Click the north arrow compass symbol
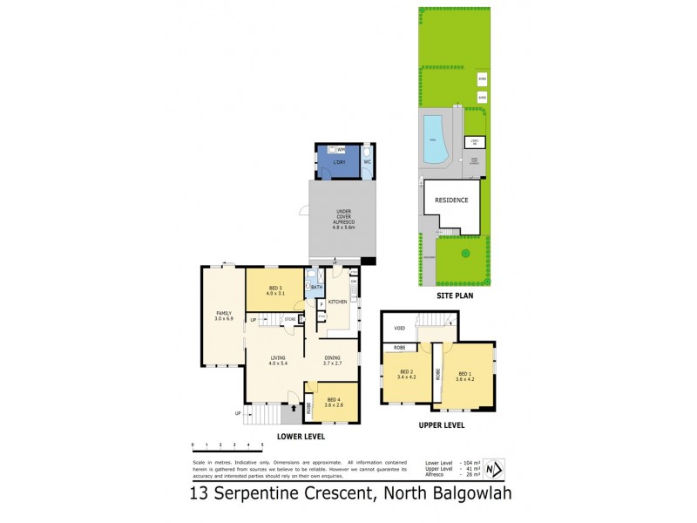pos(494,470)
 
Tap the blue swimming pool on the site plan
pos(434,139)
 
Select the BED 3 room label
pos(275,290)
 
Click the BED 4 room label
pos(334,402)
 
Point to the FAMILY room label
pos(226,316)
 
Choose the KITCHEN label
pos(337,302)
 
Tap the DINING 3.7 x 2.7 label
pos(333,359)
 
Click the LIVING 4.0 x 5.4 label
pos(278,359)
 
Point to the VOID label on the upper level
pos(399,329)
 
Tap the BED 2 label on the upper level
pos(405,375)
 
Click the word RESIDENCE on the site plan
pos(452,200)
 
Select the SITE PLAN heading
pos(453,296)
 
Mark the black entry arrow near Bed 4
pos(294,406)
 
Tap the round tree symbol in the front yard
pos(465,254)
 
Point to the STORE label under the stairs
pos(289,320)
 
